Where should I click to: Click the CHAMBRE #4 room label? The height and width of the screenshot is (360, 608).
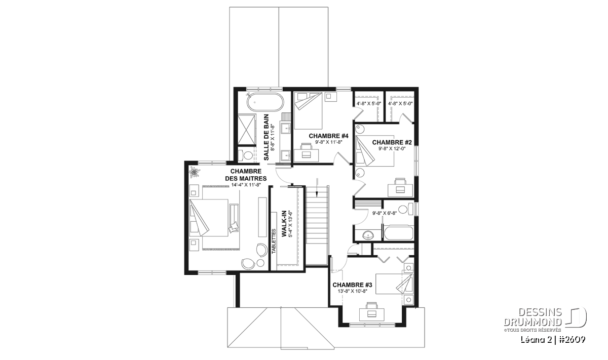[328, 136]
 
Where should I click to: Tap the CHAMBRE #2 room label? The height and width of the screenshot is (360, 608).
[392, 142]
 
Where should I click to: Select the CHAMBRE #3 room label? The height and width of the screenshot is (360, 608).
[352, 285]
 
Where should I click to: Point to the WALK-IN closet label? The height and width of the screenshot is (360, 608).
[284, 224]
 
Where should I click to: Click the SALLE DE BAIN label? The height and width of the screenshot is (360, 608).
[267, 137]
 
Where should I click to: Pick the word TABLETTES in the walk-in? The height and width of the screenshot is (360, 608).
[274, 242]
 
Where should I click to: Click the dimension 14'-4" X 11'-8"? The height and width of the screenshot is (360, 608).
[246, 185]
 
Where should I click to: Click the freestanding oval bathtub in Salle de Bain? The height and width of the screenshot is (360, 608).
[265, 102]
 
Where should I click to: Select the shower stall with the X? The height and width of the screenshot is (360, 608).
[247, 131]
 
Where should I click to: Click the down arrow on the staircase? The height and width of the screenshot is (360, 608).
[317, 187]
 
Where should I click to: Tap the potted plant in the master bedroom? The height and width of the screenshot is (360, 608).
[195, 172]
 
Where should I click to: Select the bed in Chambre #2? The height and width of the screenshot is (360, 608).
[374, 150]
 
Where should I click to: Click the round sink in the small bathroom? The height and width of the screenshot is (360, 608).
[368, 235]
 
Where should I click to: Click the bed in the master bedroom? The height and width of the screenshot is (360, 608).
[208, 218]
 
